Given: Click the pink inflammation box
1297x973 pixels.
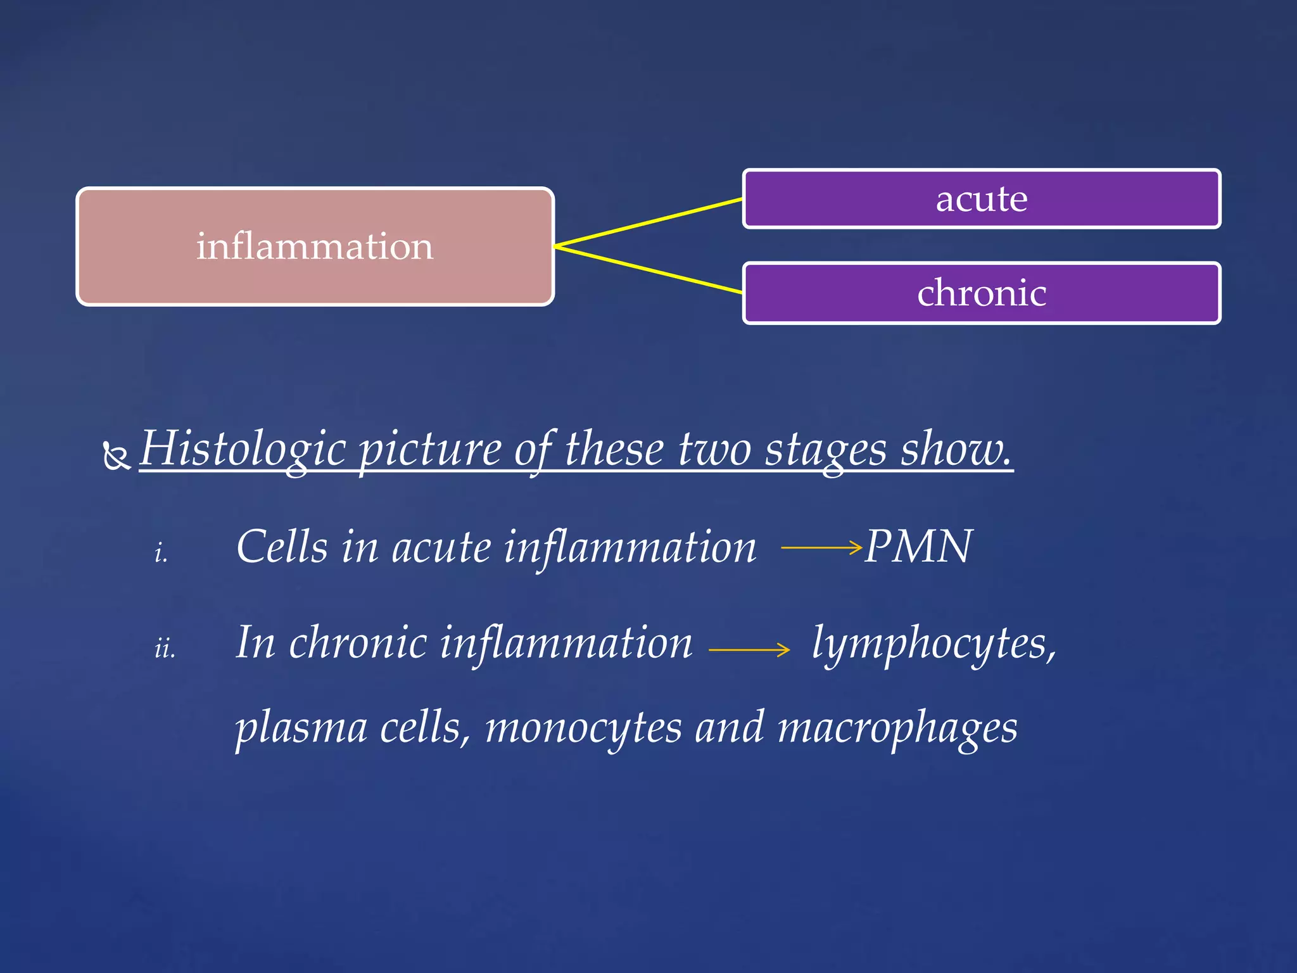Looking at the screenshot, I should coord(315,246).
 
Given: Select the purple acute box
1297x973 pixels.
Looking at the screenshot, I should coord(981,199).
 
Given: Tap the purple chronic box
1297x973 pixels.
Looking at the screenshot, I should coord(981,293).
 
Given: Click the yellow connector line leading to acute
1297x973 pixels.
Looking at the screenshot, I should coord(648,222).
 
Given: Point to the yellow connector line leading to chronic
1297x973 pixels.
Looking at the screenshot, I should coord(648,269).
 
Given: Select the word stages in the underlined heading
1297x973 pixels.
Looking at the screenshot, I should coord(826,449).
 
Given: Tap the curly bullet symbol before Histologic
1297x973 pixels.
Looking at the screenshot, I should coord(117,455).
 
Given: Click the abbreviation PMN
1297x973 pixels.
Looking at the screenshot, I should coord(918,547).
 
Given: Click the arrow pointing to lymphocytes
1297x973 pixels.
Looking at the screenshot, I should coord(749,649).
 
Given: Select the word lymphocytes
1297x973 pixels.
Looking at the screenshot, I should coord(933,643).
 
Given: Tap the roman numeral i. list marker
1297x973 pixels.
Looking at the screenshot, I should coord(161,553).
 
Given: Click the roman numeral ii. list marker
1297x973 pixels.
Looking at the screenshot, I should coord(165,649).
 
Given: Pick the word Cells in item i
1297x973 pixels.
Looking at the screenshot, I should coord(282,547).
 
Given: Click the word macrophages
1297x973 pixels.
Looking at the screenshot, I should coord(897,728).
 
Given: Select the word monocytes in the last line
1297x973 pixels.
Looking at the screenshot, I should coord(583,728).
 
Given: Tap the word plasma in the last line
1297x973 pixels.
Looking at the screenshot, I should coord(301,728).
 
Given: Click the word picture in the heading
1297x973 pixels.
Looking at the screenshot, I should coord(430,449).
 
